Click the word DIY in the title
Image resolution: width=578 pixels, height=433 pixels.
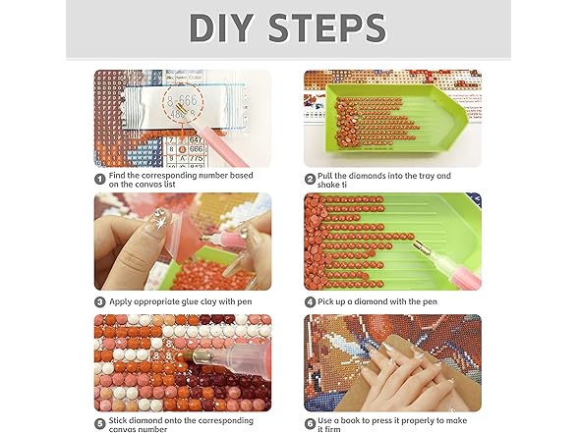[220, 27]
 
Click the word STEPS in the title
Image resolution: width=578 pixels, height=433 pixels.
[327, 27]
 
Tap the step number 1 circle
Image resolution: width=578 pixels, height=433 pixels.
[100, 180]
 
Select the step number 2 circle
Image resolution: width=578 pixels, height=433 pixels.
[310, 180]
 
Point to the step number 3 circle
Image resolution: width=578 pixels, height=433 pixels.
[100, 302]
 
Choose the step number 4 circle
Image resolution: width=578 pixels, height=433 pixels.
[310, 302]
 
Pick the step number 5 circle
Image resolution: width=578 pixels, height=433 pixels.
[100, 423]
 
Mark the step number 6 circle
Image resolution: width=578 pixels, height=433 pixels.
[310, 423]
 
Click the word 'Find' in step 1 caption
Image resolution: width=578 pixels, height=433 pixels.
[117, 175]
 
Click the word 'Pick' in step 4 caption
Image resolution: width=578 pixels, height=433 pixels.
[325, 301]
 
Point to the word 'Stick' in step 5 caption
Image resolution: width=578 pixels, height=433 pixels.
[119, 420]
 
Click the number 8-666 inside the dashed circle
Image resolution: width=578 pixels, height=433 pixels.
[182, 100]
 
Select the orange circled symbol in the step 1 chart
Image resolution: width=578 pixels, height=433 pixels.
[182, 149]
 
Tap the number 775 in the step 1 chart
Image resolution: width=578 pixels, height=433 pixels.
[196, 158]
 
